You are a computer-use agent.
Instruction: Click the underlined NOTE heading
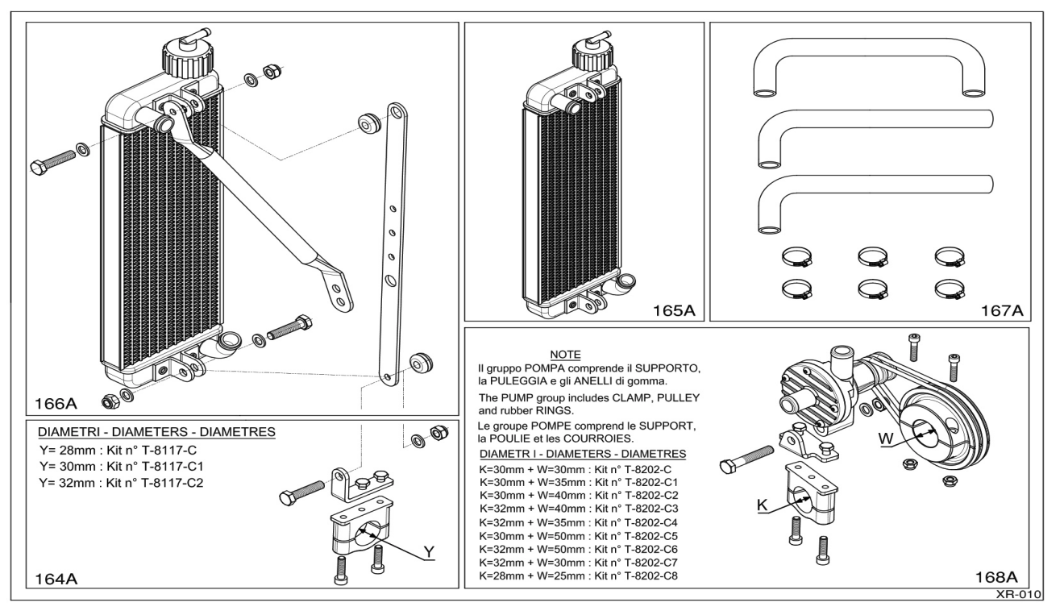tap(566, 354)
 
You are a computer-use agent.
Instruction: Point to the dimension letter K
tap(762, 505)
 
